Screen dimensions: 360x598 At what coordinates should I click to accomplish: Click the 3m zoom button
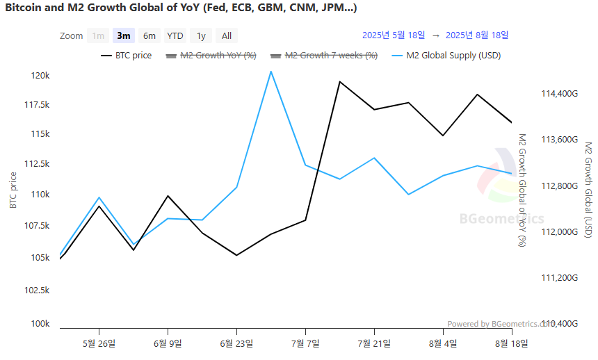(124, 35)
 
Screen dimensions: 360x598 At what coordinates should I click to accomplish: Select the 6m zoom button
(149, 35)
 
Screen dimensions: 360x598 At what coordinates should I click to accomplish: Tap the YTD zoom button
(175, 35)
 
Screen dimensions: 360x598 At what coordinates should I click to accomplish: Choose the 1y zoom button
(201, 35)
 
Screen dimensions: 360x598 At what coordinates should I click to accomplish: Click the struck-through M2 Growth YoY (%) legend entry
(218, 56)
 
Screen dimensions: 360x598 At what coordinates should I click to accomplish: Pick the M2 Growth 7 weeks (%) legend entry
(331, 56)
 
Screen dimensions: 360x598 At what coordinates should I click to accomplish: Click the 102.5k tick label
(38, 290)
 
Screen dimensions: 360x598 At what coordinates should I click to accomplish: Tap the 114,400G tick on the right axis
(558, 93)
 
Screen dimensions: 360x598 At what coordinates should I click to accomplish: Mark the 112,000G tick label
(558, 231)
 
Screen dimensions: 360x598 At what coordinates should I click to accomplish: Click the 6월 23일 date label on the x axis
(236, 343)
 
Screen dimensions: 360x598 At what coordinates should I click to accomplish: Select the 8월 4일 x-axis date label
(443, 343)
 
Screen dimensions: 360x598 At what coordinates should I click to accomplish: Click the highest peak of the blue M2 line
(270, 72)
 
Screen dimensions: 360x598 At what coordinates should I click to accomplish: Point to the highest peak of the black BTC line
(339, 82)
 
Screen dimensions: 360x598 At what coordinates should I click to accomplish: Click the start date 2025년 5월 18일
(394, 35)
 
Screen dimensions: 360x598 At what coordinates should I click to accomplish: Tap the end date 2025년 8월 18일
(477, 35)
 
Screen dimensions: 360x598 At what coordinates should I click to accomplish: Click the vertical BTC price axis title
(13, 190)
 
